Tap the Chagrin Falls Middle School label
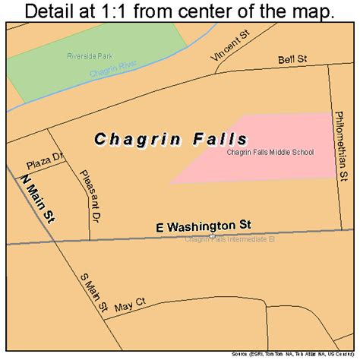point(280,152)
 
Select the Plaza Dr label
point(43,165)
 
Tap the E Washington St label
point(204,226)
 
